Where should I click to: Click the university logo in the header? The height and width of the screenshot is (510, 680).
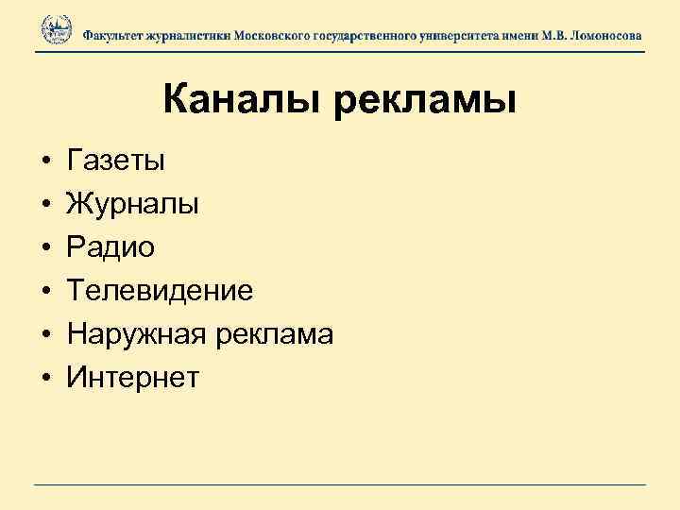click(56, 29)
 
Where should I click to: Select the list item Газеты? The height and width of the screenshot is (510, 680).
click(116, 161)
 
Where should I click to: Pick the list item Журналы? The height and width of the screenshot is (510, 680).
click(132, 204)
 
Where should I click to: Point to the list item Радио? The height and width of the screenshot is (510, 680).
click(110, 246)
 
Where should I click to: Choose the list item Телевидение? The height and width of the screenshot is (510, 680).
click(160, 290)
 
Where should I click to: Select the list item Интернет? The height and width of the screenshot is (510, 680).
click(133, 378)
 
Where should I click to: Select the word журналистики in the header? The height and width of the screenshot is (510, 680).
click(194, 34)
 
